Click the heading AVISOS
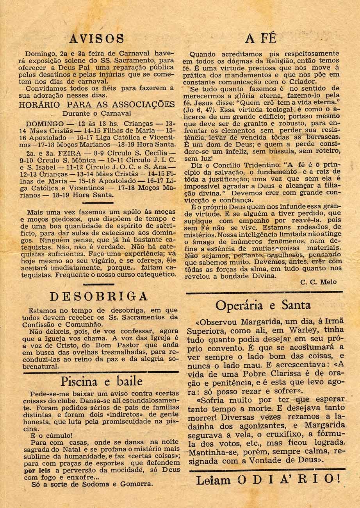(x=96, y=39)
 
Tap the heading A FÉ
(x=261, y=38)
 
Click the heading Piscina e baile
(x=102, y=381)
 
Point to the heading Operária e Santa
(x=263, y=305)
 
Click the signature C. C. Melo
(x=319, y=282)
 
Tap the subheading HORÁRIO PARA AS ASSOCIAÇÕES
(x=97, y=105)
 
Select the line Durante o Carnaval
(x=97, y=113)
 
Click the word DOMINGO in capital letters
(x=45, y=123)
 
